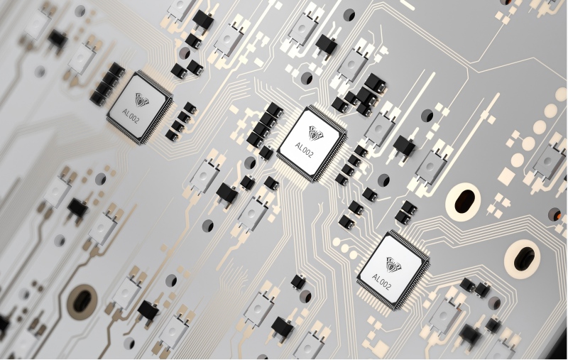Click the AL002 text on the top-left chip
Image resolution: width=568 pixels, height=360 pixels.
pyautogui.click(x=131, y=116)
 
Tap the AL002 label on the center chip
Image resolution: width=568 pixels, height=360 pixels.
pyautogui.click(x=304, y=149)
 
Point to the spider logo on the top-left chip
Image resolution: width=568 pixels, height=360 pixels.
pyautogui.click(x=141, y=99)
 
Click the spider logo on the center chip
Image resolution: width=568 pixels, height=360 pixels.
pyautogui.click(x=315, y=133)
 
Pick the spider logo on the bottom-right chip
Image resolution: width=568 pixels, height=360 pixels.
pyautogui.click(x=394, y=264)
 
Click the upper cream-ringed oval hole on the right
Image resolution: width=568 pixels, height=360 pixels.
pyautogui.click(x=464, y=201)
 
